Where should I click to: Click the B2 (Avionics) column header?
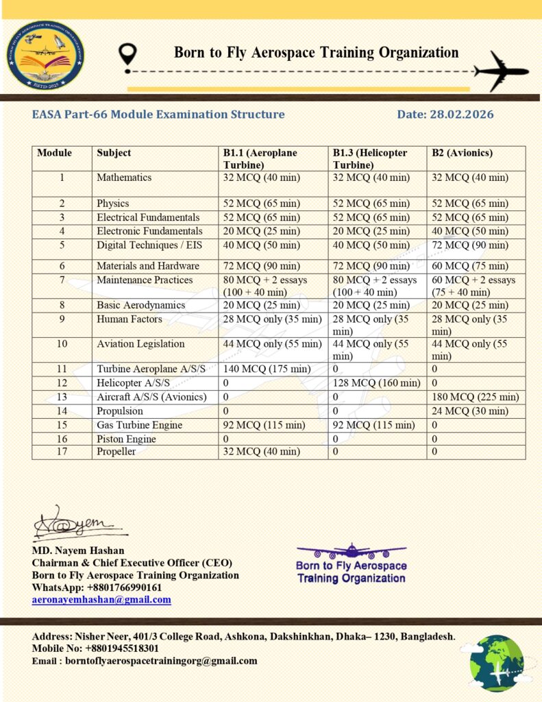coord(462,153)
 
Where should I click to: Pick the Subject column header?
coord(114,153)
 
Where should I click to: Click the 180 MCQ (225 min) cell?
coord(475,397)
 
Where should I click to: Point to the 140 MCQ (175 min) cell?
coord(267,369)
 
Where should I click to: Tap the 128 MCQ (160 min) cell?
coord(376,383)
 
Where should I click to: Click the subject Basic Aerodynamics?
coord(140,305)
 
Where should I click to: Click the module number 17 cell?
coord(62,452)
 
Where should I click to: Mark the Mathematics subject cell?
coord(124,178)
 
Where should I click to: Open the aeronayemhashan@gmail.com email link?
coord(101,600)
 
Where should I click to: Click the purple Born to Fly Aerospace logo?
coord(351,564)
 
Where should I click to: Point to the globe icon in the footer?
coord(497,662)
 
